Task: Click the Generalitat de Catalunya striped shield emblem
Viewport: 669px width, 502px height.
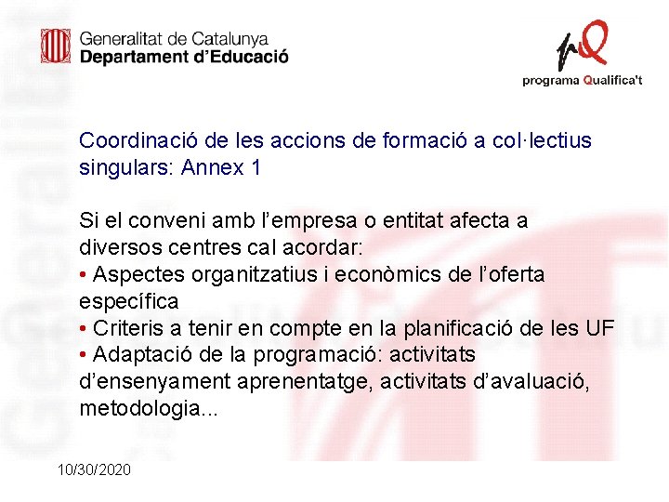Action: pos(56,46)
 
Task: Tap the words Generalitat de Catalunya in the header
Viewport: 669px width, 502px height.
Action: pos(174,39)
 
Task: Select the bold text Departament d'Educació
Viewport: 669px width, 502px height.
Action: pos(184,56)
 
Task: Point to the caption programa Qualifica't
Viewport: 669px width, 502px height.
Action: pos(583,81)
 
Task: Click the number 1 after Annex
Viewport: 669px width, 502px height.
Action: pos(256,168)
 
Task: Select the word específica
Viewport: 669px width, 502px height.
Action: pos(129,302)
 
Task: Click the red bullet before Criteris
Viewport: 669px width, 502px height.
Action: pos(84,329)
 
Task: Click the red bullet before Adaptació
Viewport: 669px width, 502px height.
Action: pos(84,356)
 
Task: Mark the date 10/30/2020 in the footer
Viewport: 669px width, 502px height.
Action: pos(94,469)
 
